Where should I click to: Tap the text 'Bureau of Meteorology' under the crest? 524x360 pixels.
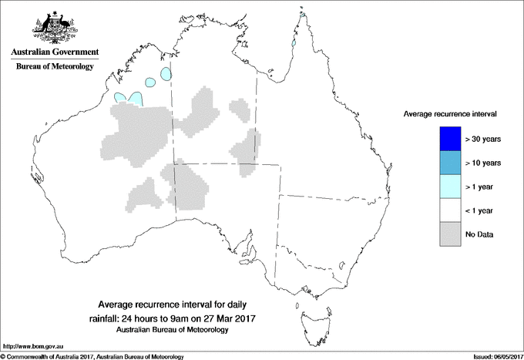(54, 66)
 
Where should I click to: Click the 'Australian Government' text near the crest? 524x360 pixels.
(54, 52)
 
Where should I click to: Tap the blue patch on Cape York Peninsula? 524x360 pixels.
(294, 44)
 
